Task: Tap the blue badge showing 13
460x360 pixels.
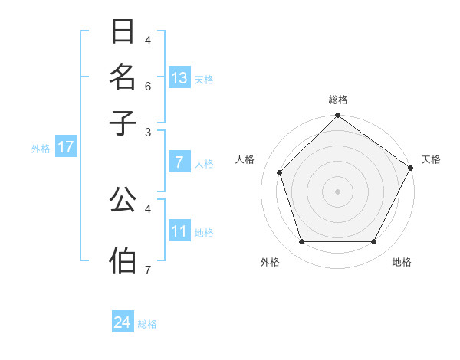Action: [x=179, y=78]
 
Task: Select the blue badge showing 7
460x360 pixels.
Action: [x=179, y=162]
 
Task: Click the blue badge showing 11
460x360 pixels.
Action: [x=179, y=232]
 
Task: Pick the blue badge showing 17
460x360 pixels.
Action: [x=66, y=148]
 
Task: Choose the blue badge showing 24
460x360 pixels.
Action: [x=123, y=322]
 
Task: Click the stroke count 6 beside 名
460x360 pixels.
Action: [x=148, y=86]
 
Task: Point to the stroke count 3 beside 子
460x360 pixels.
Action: [x=148, y=132]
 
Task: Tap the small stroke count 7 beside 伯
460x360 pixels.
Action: [x=148, y=269]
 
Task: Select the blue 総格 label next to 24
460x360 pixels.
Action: [x=147, y=324]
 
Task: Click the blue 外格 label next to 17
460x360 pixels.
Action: [x=40, y=149]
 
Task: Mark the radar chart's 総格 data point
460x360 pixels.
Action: [x=337, y=116]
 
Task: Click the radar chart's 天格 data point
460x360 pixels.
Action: [x=411, y=168]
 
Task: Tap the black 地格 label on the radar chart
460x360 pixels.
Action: [x=402, y=263]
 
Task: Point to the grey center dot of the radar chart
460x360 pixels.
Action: [x=337, y=191]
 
